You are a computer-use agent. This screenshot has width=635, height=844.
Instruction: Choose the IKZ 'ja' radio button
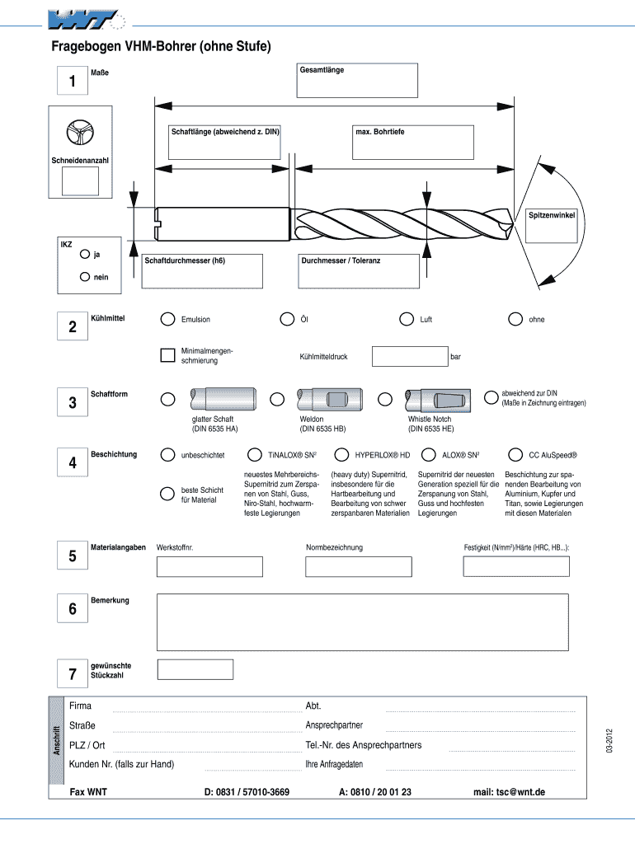coord(86,254)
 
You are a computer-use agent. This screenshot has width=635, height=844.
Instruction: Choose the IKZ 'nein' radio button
coord(86,276)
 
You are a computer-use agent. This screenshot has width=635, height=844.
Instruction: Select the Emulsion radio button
coord(167,319)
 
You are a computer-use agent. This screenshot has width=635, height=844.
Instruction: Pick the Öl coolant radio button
coord(287,319)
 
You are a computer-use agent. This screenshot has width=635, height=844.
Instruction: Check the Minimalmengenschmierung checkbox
coord(167,355)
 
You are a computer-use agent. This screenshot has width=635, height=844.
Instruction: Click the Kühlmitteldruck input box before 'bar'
coord(409,356)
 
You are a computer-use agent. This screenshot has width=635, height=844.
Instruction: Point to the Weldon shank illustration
coord(327,399)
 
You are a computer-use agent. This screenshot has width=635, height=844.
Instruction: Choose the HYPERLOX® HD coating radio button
coord(341,454)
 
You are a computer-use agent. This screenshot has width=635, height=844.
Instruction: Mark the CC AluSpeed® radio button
coord(515,454)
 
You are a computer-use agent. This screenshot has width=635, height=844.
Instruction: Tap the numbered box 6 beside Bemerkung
coord(73,610)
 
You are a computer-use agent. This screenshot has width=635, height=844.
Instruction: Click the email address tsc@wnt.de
coord(509,792)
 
